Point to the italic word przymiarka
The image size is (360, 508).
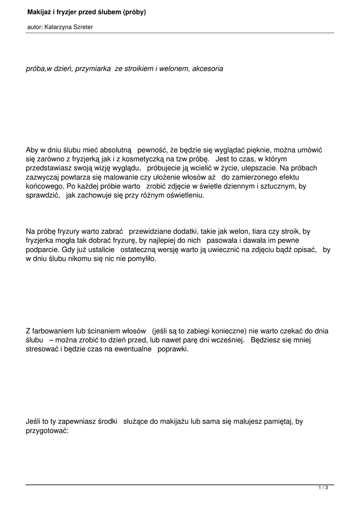click(x=93, y=68)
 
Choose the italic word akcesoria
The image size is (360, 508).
click(x=207, y=68)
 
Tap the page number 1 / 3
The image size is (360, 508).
click(x=323, y=488)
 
